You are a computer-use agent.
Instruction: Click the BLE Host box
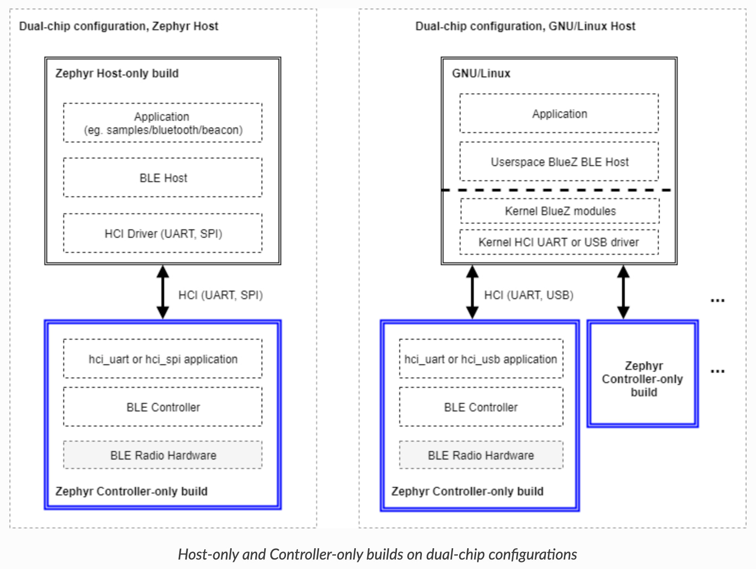click(x=162, y=177)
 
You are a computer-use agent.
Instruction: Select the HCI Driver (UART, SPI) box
click(x=162, y=234)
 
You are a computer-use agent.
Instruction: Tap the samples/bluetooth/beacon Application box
click(x=162, y=123)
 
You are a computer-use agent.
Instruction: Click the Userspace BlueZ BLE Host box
click(x=559, y=161)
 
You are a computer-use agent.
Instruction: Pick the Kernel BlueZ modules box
click(x=560, y=211)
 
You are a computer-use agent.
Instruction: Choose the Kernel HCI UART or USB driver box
click(x=559, y=242)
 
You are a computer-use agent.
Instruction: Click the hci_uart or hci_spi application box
click(x=162, y=359)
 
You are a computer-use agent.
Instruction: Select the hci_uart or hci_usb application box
click(x=481, y=359)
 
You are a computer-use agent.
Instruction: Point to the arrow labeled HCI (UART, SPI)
click(x=162, y=292)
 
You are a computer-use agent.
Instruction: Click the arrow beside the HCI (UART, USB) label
click(x=472, y=292)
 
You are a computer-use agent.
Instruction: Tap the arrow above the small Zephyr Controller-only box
click(x=623, y=292)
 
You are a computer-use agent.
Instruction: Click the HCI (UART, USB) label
click(x=529, y=295)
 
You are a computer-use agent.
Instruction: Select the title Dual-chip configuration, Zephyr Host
click(x=118, y=26)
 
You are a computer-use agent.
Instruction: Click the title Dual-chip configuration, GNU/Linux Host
click(x=525, y=26)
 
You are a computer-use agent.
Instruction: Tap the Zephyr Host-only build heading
click(x=117, y=73)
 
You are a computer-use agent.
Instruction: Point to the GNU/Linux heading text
click(x=481, y=73)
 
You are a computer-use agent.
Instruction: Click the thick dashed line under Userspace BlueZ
click(x=556, y=190)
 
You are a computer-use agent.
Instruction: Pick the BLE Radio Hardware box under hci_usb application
click(x=481, y=455)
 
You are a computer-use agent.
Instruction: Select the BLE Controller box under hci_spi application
click(x=162, y=407)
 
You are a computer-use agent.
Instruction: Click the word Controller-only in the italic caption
click(x=316, y=554)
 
